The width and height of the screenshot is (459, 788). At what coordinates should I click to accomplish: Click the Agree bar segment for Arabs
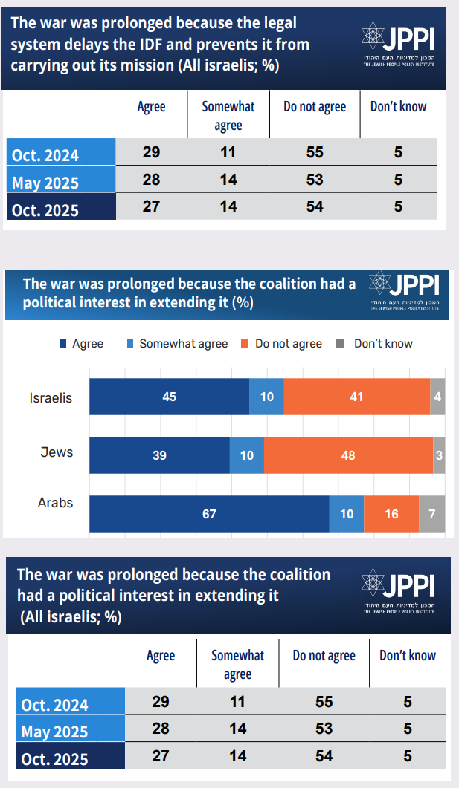[209, 514]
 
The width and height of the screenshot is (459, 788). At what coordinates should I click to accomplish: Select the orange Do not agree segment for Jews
[348, 455]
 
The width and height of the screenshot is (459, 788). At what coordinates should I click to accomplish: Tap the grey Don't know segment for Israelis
[437, 397]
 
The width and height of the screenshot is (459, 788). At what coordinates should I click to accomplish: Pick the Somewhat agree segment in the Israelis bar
[266, 397]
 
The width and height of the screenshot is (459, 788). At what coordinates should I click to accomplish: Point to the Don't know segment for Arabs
[431, 514]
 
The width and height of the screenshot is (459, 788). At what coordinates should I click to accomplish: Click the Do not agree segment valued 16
[391, 514]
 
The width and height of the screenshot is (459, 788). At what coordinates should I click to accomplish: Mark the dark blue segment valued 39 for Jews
[159, 455]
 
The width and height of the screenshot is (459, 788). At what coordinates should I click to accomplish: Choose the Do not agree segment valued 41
[356, 397]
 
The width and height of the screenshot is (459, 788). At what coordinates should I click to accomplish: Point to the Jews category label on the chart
[57, 451]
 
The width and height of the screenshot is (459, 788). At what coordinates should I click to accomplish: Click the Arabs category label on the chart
[56, 503]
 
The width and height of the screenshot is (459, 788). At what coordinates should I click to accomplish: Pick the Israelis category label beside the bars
[51, 397]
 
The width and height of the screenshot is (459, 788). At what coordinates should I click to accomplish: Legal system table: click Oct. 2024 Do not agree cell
[315, 152]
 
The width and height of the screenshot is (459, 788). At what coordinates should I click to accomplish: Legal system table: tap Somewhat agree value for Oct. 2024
[228, 152]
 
